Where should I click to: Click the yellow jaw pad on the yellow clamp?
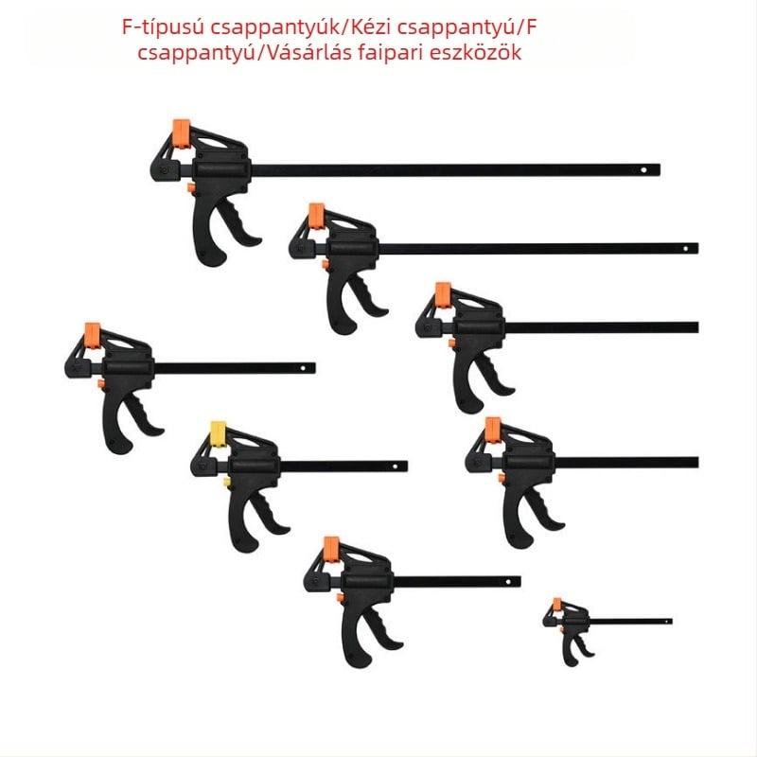point(219,434)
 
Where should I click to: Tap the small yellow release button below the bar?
point(226,482)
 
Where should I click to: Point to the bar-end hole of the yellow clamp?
point(396,467)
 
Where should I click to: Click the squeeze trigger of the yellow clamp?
point(268,513)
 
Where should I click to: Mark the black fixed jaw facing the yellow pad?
point(200,461)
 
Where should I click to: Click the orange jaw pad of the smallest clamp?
point(557,605)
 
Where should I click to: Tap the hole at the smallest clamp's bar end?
point(667,622)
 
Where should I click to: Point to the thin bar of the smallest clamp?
point(630,622)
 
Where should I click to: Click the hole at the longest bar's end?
point(643,170)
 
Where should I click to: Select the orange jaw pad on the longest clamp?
point(182,133)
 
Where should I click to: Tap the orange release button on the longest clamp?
point(191,187)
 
